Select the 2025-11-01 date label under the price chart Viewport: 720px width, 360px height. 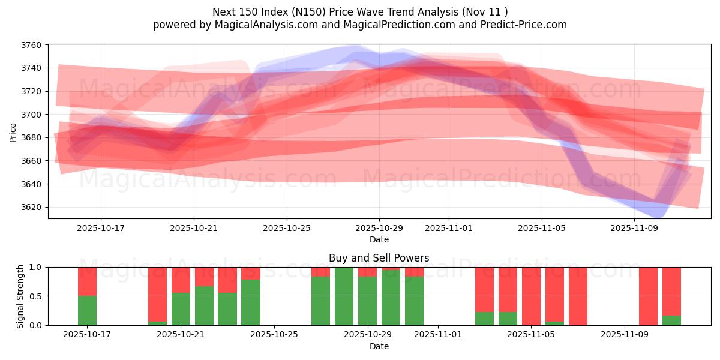(449, 229)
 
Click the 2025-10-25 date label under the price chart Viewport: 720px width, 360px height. (287, 229)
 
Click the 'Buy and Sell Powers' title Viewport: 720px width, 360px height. (379, 258)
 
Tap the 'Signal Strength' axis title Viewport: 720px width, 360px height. (20, 296)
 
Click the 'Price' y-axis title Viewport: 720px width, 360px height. (13, 131)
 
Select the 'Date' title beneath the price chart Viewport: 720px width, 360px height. (379, 239)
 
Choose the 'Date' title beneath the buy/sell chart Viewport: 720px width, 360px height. (379, 346)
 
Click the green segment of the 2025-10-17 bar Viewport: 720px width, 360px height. (87, 311)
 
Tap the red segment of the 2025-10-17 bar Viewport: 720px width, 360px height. (87, 281)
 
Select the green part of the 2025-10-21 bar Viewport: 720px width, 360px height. (181, 309)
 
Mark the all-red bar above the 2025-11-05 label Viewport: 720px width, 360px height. (531, 296)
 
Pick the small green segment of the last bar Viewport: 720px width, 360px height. (671, 320)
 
